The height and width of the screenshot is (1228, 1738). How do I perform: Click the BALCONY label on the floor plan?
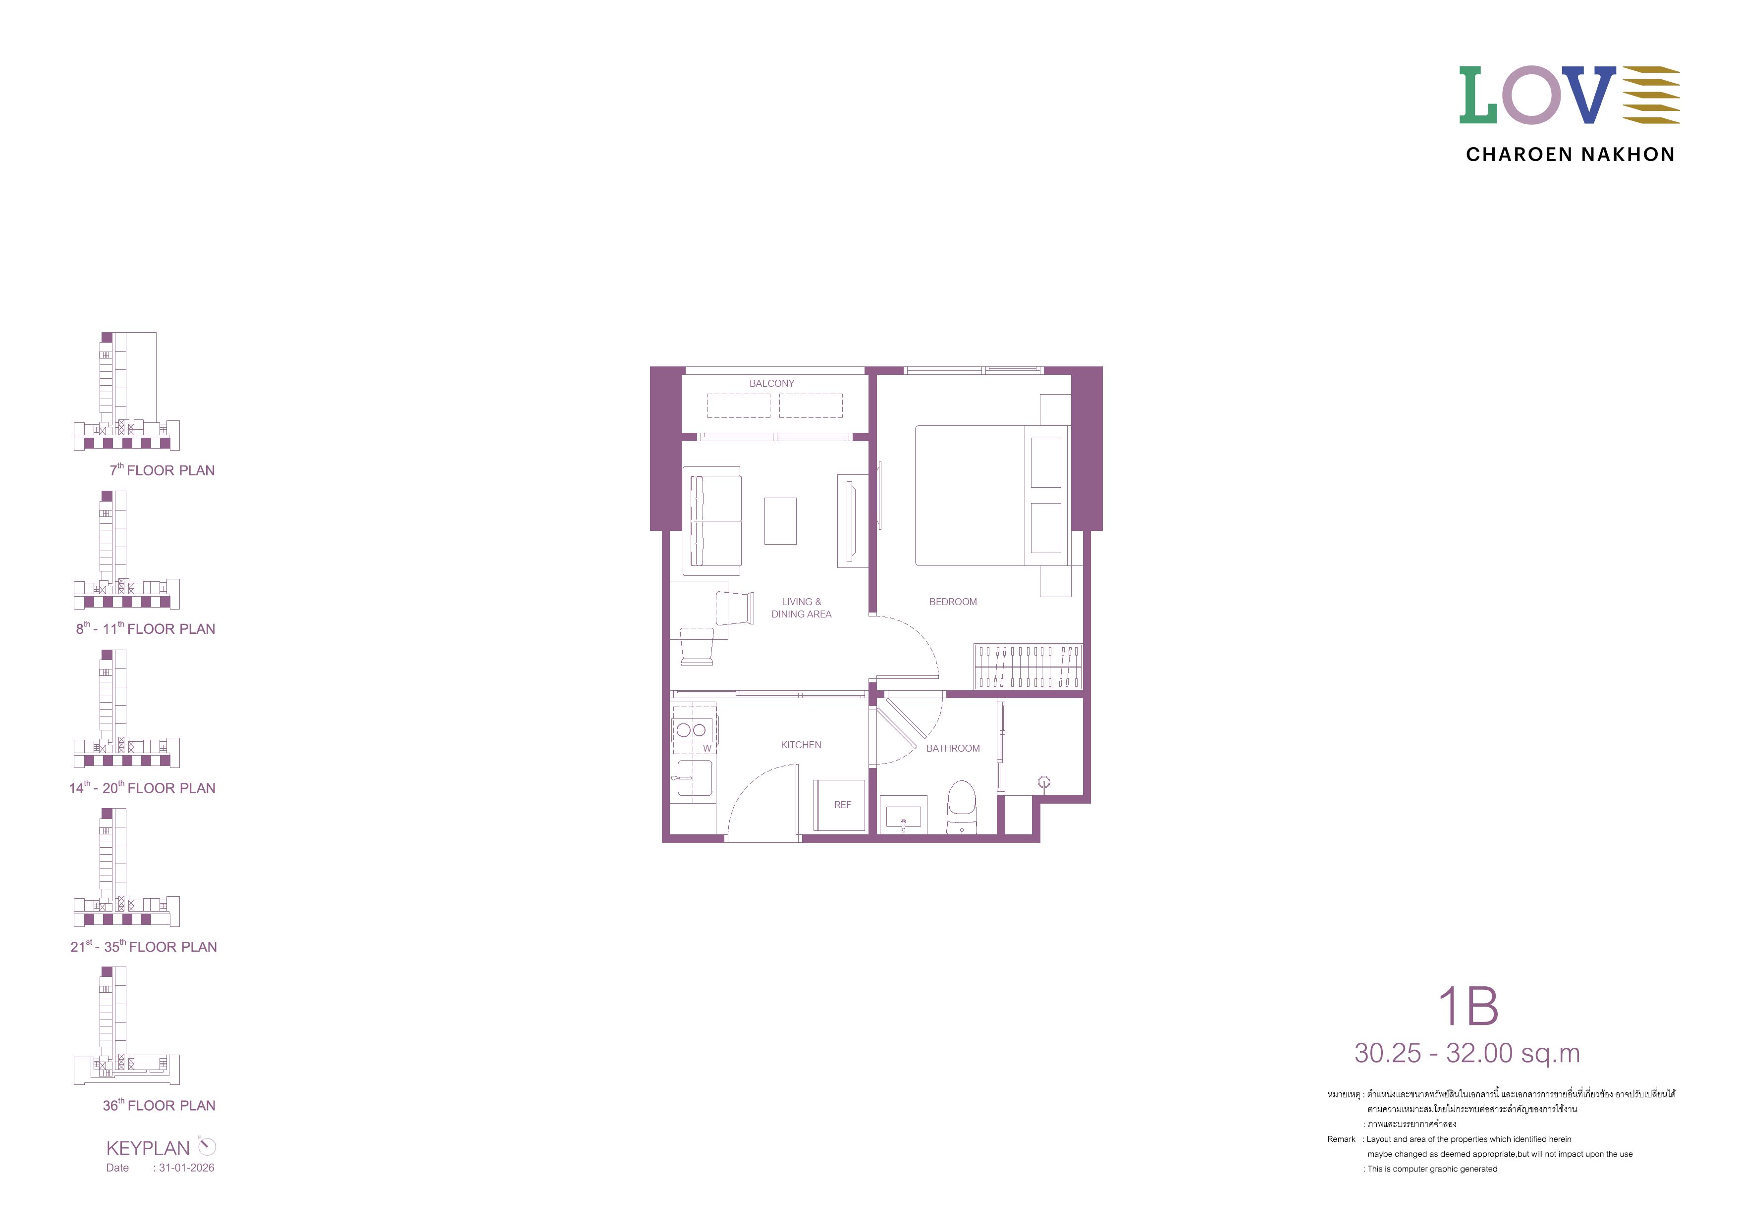pyautogui.click(x=771, y=384)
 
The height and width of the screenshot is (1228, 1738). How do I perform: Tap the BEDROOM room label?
pyautogui.click(x=953, y=602)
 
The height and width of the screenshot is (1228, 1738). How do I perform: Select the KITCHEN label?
pyautogui.click(x=801, y=745)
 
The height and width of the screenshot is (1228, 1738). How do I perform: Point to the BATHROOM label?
pyautogui.click(x=953, y=748)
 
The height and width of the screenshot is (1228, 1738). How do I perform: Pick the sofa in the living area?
pyautogui.click(x=713, y=520)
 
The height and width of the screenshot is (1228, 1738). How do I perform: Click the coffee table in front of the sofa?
pyautogui.click(x=780, y=520)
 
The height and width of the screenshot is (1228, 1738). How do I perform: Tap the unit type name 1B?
pyautogui.click(x=1468, y=1006)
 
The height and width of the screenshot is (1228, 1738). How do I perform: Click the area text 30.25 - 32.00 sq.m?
pyautogui.click(x=1467, y=1053)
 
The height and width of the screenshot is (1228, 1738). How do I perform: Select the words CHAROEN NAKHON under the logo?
pyautogui.click(x=1570, y=154)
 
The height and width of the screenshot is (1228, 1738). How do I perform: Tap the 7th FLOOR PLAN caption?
pyautogui.click(x=162, y=470)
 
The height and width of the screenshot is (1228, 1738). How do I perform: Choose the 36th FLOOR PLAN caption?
pyautogui.click(x=159, y=1105)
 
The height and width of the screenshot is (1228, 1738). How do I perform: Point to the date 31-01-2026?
pyautogui.click(x=186, y=1168)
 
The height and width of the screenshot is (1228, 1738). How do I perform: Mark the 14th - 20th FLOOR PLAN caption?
pyautogui.click(x=142, y=788)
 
